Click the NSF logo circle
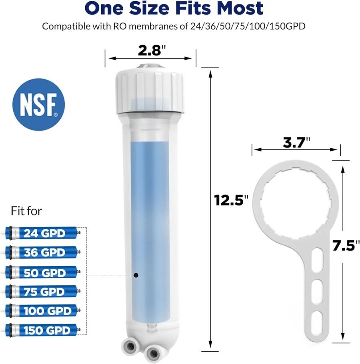[x=38, y=104]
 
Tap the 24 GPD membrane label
[x=44, y=233]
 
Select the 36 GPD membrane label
[x=44, y=253]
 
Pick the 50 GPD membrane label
[x=44, y=273]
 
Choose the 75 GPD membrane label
[x=44, y=292]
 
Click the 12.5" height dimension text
[x=231, y=200]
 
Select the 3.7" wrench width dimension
[x=296, y=143]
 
